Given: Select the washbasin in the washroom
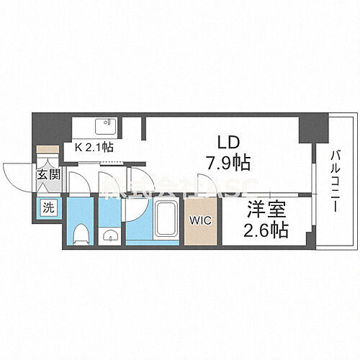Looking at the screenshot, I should click(110, 236).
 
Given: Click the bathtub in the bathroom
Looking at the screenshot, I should click(165, 222).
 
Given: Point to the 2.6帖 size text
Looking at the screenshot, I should click(264, 231).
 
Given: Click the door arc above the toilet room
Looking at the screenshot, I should click(79, 183).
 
